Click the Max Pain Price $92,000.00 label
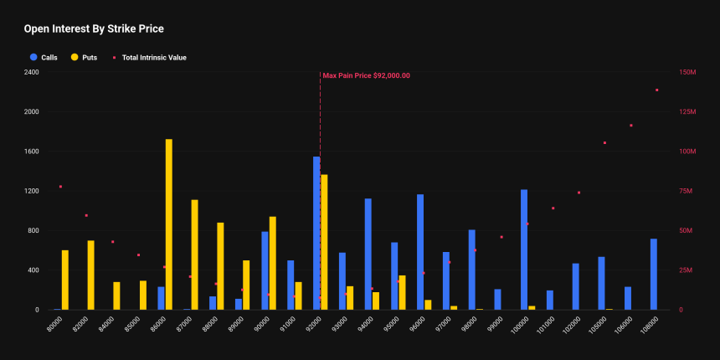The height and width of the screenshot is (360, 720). (x=367, y=75)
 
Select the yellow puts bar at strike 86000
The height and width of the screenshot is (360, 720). (x=169, y=224)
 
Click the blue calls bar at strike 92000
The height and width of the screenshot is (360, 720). (x=316, y=233)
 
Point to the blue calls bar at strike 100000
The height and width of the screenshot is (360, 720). (x=524, y=249)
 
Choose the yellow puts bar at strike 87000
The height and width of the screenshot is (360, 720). (x=195, y=255)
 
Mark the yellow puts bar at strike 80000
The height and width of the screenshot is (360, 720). (x=65, y=280)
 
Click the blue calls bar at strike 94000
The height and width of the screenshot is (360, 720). (x=368, y=254)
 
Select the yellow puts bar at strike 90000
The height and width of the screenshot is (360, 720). (x=273, y=263)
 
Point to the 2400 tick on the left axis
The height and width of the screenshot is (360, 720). (x=32, y=72)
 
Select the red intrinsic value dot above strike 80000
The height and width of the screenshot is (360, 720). (x=60, y=187)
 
